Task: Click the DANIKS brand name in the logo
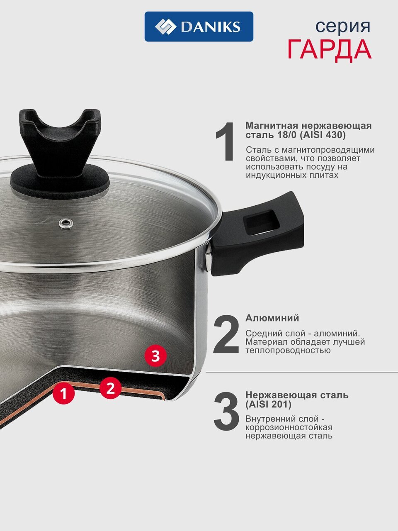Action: pyautogui.click(x=211, y=27)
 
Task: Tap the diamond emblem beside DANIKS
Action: pyautogui.click(x=165, y=27)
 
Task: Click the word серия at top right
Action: pyautogui.click(x=343, y=27)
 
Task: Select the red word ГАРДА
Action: pyautogui.click(x=329, y=49)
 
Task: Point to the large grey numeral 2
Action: pyautogui.click(x=226, y=334)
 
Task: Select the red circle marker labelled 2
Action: pyautogui.click(x=110, y=388)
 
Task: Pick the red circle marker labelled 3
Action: pyautogui.click(x=155, y=356)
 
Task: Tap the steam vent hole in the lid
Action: pyautogui.click(x=66, y=224)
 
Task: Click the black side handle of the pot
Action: pyautogui.click(x=257, y=234)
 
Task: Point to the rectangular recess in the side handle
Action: pyautogui.click(x=262, y=223)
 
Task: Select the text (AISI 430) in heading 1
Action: pyautogui.click(x=323, y=135)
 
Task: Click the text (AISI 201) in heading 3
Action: pyautogui.click(x=269, y=404)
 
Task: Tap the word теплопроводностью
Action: pyautogui.click(x=288, y=350)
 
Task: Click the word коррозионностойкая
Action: pyautogui.click(x=289, y=427)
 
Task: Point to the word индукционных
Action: pyautogui.click(x=276, y=175)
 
